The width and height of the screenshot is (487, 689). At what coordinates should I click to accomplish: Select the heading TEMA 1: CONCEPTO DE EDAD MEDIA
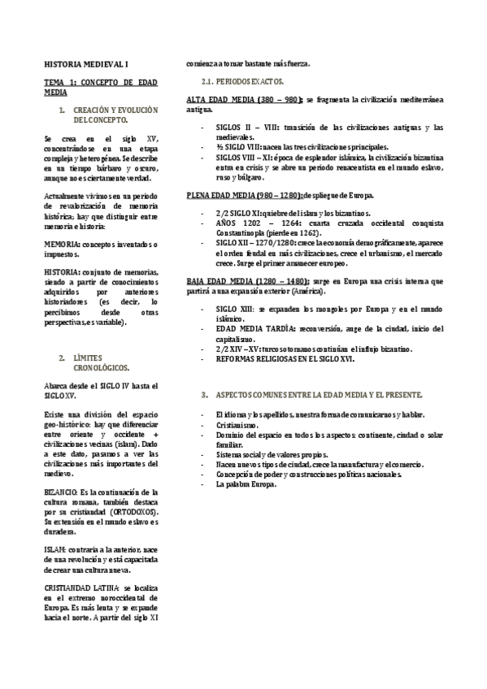[x=101, y=88]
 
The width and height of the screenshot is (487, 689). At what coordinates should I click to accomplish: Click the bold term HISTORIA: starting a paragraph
[x=63, y=270]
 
